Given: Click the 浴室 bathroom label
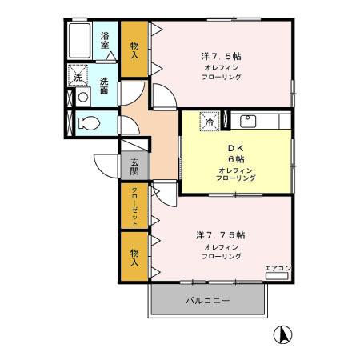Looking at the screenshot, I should [106, 41].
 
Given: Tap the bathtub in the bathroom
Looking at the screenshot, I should [81, 39].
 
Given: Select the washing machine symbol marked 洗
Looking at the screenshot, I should [78, 77].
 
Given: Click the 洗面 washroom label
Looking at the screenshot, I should [106, 84].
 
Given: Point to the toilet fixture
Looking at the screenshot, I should [88, 123].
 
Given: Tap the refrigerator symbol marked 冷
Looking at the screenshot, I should [209, 122].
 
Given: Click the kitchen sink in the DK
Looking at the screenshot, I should [248, 122].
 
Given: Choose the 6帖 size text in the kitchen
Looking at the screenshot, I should [234, 159].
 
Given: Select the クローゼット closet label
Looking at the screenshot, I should [134, 205].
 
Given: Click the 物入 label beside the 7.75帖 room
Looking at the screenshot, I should [134, 257].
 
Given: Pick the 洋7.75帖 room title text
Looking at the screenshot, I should [220, 235].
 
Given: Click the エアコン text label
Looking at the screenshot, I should [278, 267].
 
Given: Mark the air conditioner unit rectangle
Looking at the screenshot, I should [277, 276].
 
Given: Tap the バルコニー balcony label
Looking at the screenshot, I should [207, 302].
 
